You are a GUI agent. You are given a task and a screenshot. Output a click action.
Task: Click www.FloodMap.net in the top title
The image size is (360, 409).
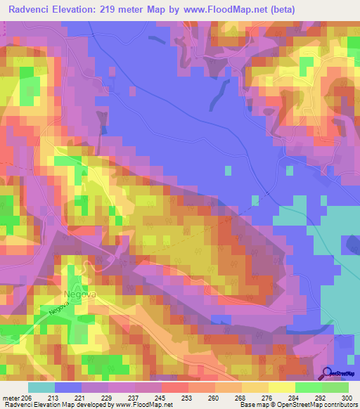pyautogui.click(x=226, y=9)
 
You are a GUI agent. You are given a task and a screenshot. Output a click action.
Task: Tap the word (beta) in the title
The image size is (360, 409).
pyautogui.click(x=278, y=9)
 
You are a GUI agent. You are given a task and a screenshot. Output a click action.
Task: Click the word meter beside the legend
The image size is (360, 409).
pyautogui.click(x=11, y=397)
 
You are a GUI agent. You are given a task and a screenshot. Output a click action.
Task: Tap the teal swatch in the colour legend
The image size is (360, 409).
pyautogui.click(x=41, y=387)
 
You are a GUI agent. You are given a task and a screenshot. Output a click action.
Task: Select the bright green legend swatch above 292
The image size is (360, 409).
pyautogui.click(x=309, y=387)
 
